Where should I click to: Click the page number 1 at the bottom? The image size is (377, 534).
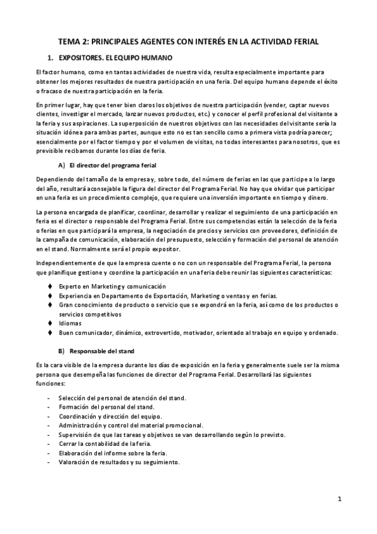339,499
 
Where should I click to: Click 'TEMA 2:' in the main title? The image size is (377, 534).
74,41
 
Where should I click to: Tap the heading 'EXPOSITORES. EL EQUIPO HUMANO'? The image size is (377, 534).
111,57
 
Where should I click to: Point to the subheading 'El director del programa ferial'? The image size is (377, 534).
113,165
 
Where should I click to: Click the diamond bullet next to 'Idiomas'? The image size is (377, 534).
50,323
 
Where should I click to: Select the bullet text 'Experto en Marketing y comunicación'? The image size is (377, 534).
108,287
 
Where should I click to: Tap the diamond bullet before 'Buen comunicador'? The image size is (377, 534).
50,332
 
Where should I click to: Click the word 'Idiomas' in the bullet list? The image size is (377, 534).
70,323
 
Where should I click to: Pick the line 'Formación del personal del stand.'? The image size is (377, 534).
111,407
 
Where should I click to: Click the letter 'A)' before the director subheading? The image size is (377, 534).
61,165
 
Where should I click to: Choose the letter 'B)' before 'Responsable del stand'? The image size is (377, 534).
61,350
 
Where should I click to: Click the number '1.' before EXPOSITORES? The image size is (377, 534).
50,57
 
